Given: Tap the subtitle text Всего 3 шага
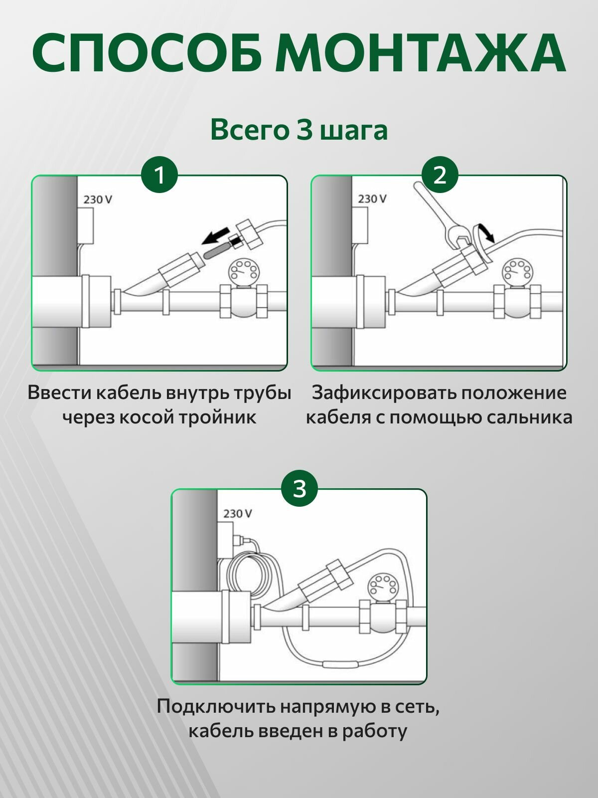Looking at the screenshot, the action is [x=299, y=130].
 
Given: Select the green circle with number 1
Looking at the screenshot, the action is [x=159, y=175].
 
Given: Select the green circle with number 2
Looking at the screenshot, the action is [x=440, y=175].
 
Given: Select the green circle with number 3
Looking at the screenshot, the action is [x=299, y=489].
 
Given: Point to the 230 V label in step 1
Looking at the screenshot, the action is [x=98, y=199].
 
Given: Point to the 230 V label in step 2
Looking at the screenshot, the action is [x=372, y=199].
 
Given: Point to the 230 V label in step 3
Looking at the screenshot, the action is [x=238, y=513].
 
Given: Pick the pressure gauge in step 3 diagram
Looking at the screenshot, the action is [x=383, y=586].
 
